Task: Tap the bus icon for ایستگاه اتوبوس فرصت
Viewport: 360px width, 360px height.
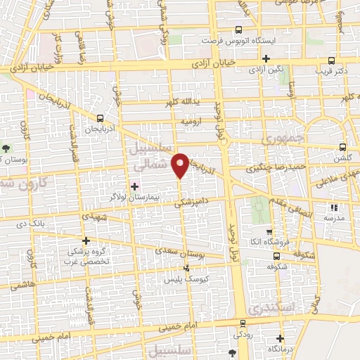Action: tap(238, 30)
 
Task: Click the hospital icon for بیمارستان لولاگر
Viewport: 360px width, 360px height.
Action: tap(134, 186)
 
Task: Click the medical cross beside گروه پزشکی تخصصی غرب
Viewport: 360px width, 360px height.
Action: tap(86, 240)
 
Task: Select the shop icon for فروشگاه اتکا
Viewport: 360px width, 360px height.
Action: tap(268, 232)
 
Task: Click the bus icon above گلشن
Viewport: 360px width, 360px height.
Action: tap(342, 147)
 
